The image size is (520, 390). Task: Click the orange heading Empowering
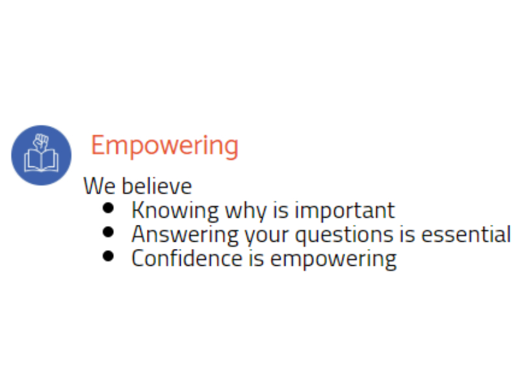pos(164,146)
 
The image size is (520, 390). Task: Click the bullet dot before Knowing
pos(109,209)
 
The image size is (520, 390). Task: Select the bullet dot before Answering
pos(109,232)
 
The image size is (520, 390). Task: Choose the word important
pos(344,211)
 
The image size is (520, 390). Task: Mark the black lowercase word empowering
pos(333,258)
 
